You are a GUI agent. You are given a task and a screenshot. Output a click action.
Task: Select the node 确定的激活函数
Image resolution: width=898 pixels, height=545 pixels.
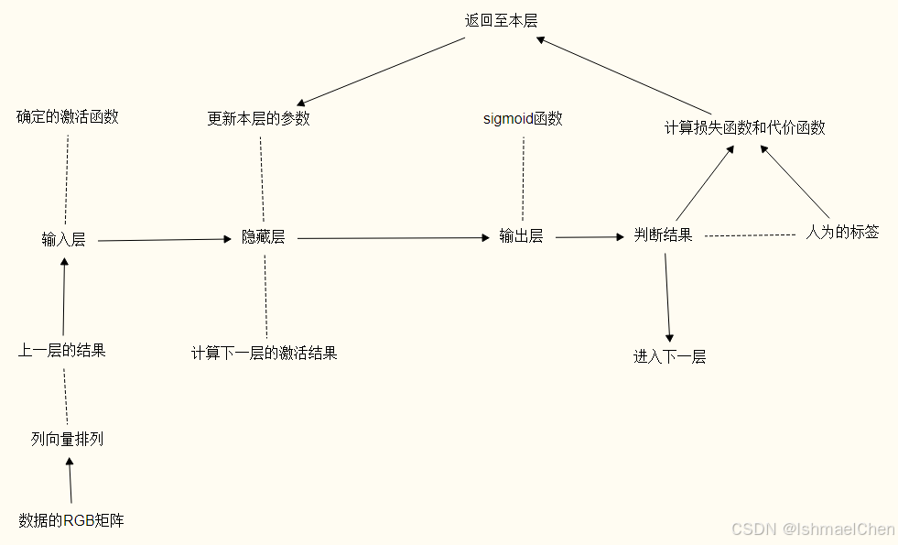point(68,117)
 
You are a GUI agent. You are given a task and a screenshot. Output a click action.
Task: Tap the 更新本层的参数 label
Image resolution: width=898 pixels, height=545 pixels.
point(259,119)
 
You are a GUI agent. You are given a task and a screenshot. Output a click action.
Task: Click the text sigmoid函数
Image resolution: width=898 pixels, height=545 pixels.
point(523,119)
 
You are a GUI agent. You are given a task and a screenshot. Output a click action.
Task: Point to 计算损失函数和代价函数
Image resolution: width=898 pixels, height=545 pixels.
point(745,128)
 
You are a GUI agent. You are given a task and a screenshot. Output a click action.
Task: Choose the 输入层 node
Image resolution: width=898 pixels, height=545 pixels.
point(63,240)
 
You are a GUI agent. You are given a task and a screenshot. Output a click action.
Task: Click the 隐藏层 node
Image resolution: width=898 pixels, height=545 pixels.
point(264,237)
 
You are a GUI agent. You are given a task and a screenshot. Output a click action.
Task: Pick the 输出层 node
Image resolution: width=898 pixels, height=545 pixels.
point(521,236)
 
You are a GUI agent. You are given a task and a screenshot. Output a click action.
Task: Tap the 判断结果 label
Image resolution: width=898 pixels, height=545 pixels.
point(664,235)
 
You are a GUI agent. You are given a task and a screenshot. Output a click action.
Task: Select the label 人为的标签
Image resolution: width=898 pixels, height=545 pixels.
point(842,233)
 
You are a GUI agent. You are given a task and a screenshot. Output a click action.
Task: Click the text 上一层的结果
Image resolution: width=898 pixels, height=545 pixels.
point(62,350)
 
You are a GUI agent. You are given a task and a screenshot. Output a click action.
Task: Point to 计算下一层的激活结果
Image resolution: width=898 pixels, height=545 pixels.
point(265,353)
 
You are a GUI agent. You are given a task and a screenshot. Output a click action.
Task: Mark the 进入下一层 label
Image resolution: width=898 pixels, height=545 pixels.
point(670,357)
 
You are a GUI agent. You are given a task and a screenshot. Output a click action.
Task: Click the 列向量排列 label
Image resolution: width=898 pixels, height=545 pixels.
point(67,440)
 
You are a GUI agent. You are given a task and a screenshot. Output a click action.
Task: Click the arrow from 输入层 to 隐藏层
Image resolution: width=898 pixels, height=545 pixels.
point(165,240)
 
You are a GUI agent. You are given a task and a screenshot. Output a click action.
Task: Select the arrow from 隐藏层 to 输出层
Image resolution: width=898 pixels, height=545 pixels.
point(394,238)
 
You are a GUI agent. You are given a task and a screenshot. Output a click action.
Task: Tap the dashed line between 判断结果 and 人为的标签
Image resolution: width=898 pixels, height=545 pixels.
point(750,235)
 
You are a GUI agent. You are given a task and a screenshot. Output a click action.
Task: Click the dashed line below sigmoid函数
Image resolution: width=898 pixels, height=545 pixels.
point(523,179)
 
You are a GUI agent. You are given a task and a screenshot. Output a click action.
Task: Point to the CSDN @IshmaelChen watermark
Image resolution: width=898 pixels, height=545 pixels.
point(813,529)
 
